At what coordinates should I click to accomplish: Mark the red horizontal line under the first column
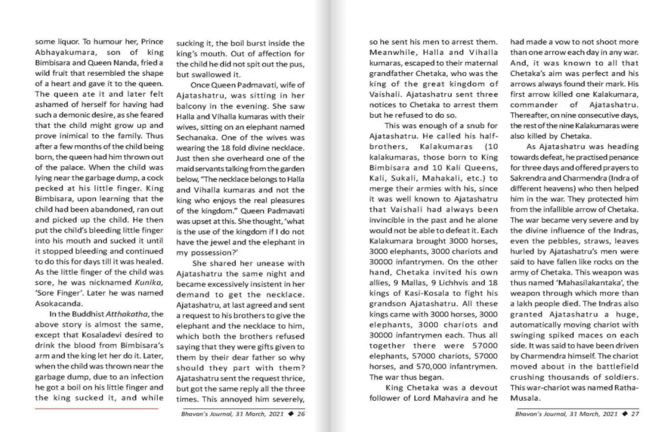(x=96, y=408)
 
